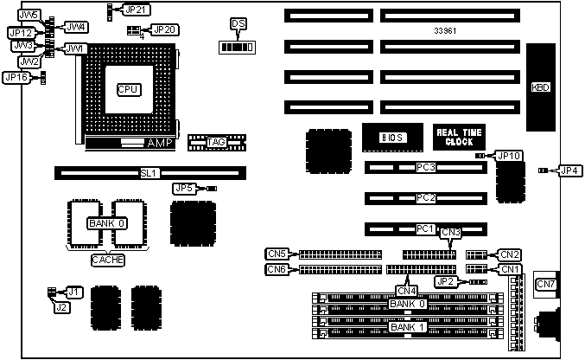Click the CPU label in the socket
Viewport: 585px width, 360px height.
[x=129, y=88]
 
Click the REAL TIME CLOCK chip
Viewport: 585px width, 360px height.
[x=460, y=136]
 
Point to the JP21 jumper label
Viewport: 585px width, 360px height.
[x=136, y=10]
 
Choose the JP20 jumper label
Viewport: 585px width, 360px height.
[x=164, y=29]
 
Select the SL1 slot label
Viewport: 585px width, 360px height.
[x=149, y=173]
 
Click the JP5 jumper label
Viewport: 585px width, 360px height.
[x=184, y=188]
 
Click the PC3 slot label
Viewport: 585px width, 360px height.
[x=425, y=166]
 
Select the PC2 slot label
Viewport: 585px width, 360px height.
[x=425, y=198]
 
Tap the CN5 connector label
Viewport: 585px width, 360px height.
[x=277, y=254]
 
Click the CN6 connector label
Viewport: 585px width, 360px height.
[x=277, y=269]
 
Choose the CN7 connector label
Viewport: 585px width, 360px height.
[x=546, y=284]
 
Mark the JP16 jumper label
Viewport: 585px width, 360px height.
[x=16, y=78]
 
